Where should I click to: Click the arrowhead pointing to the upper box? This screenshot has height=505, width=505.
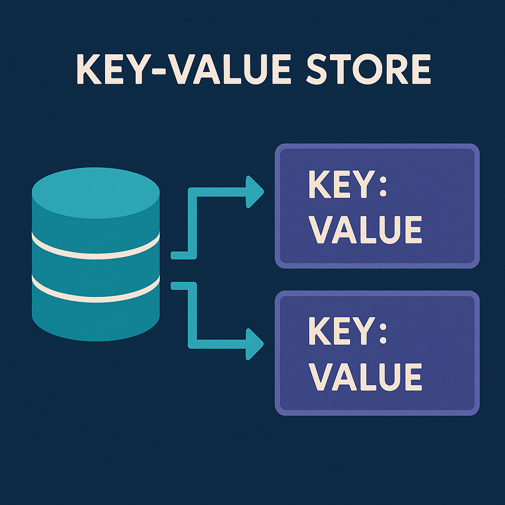[x=254, y=191]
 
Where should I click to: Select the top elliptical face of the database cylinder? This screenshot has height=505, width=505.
[x=96, y=193]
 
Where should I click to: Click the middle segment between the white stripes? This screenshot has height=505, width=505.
[x=96, y=269]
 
